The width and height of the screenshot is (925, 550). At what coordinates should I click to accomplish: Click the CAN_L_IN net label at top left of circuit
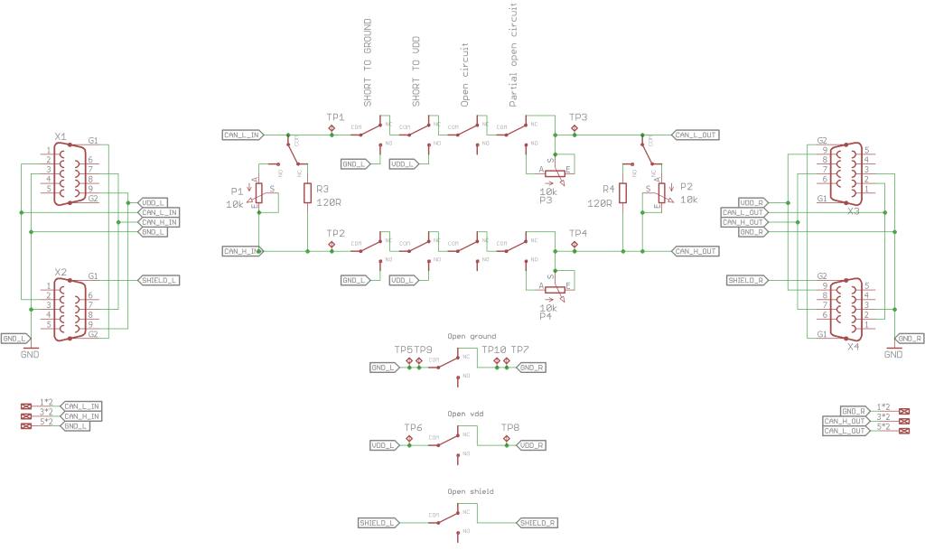[242, 135]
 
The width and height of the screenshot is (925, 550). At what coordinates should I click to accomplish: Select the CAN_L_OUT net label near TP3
[696, 135]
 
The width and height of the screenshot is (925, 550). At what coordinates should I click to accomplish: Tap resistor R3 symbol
[308, 192]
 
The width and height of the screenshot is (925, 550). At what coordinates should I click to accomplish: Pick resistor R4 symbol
[622, 192]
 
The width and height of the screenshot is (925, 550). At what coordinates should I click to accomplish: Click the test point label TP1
[335, 118]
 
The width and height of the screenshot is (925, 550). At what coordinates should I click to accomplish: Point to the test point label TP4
[578, 234]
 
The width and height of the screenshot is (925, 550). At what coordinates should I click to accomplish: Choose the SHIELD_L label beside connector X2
[159, 280]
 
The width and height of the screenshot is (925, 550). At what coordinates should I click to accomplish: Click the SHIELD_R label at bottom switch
[537, 523]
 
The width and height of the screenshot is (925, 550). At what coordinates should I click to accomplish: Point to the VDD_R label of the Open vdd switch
[531, 445]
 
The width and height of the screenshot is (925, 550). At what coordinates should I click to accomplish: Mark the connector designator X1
[61, 137]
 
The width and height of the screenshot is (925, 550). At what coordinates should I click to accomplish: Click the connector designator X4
[854, 346]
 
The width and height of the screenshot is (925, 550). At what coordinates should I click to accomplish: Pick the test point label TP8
[510, 427]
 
